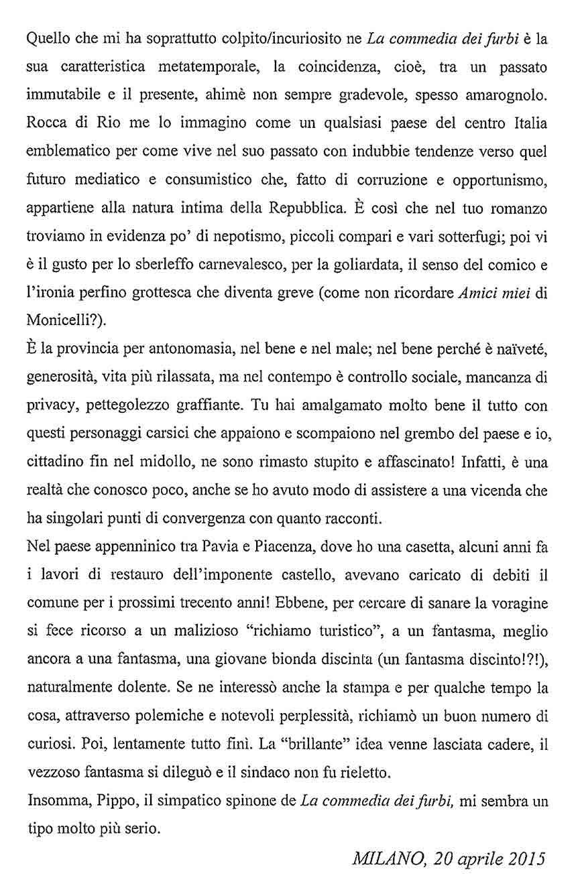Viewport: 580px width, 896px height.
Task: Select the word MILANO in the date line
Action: pos(382,857)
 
